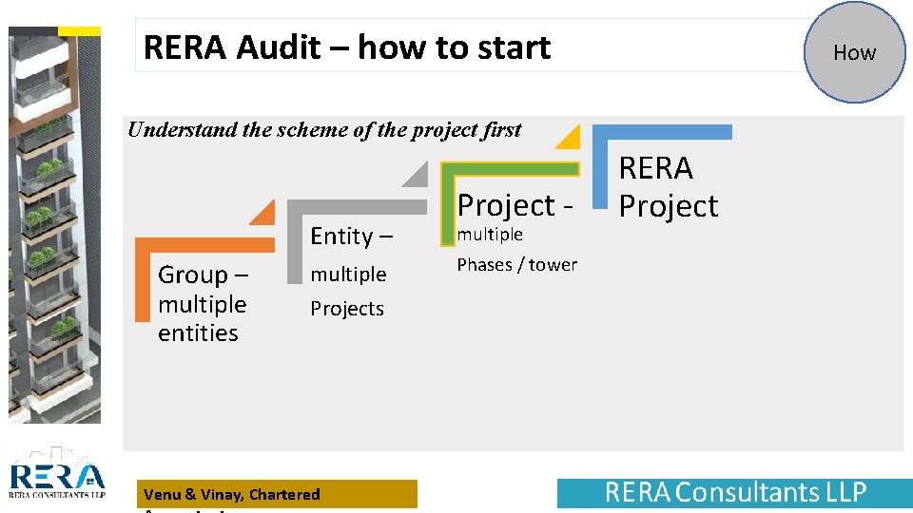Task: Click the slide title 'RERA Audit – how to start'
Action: (x=347, y=47)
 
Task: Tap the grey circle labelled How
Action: (x=854, y=53)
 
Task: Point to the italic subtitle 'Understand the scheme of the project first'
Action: (x=324, y=130)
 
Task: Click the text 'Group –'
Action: (x=204, y=275)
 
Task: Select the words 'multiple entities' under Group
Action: (x=202, y=319)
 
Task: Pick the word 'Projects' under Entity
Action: (x=347, y=309)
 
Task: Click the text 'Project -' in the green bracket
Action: (x=515, y=204)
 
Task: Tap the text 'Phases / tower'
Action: (x=516, y=265)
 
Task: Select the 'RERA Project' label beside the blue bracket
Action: (x=669, y=187)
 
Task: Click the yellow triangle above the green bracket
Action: (x=569, y=138)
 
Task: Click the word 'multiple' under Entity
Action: (x=348, y=275)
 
